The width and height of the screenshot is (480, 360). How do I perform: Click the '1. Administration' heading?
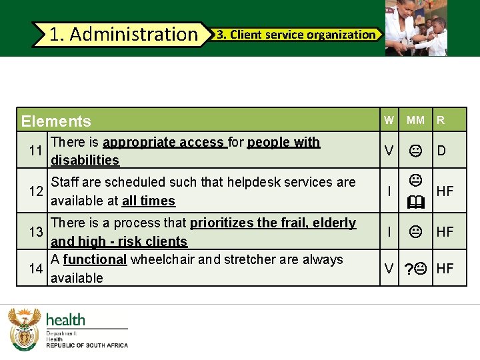pos(123,34)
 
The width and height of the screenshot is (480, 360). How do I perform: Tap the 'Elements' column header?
pos(56,121)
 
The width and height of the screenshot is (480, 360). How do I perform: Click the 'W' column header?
pos(389,121)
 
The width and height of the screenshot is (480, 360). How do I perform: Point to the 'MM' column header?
pos(415,121)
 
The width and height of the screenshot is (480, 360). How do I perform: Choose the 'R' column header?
pos(441,121)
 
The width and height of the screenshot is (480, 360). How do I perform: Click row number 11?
pos(37,151)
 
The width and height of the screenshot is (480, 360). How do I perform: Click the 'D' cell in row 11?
pos(441,151)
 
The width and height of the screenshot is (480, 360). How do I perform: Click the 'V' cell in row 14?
pos(389,269)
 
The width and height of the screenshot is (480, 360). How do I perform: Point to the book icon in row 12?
pos(415,200)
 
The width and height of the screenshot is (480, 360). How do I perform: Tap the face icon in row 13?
pos(415,232)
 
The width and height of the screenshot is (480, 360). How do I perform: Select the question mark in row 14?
pos(408,269)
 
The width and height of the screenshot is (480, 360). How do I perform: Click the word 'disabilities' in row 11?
pos(85,160)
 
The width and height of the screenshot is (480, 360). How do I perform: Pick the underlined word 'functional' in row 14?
pos(95,259)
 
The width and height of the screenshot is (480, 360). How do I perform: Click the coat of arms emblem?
pos(25,328)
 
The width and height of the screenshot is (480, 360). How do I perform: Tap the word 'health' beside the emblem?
pos(65,320)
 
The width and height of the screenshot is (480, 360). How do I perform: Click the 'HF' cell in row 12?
pos(445,191)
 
